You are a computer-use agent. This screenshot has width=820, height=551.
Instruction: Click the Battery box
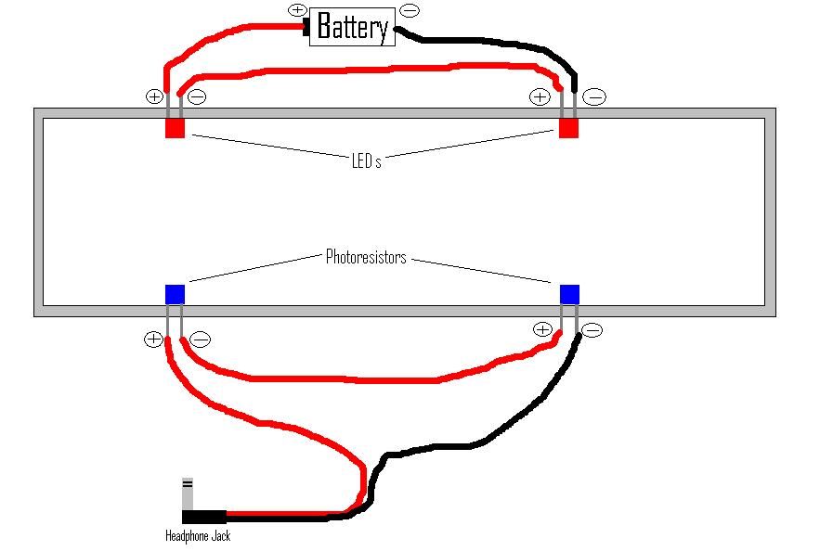(x=351, y=26)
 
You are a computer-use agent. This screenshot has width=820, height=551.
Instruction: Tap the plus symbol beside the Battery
(x=297, y=10)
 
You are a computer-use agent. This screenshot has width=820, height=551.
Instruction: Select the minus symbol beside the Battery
(x=409, y=10)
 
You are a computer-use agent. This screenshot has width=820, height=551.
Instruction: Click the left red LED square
(x=175, y=128)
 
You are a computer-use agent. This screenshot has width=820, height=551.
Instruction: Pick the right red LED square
(x=568, y=128)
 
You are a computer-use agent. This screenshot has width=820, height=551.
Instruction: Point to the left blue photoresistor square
(x=175, y=294)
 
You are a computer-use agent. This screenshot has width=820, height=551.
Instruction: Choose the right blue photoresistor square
(x=569, y=294)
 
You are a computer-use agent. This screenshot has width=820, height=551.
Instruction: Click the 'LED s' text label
(x=366, y=161)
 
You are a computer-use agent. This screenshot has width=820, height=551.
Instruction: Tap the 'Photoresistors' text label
(x=366, y=257)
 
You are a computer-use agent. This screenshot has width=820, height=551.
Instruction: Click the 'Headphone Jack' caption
(x=197, y=536)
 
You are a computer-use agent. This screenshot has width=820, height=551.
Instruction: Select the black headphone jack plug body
(x=203, y=517)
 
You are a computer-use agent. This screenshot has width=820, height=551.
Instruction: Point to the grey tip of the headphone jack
(x=188, y=492)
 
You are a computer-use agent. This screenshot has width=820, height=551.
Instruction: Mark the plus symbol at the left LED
(x=154, y=96)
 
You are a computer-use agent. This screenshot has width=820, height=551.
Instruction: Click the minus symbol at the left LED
(x=197, y=96)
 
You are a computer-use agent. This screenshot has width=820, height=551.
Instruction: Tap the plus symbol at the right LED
(x=539, y=96)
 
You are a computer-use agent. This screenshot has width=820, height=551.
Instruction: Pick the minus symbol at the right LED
(x=595, y=96)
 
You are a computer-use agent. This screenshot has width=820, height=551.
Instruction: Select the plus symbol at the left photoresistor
(x=153, y=340)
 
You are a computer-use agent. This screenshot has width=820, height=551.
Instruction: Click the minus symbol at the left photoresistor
(x=200, y=340)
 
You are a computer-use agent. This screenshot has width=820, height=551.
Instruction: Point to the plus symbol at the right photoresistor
(x=542, y=329)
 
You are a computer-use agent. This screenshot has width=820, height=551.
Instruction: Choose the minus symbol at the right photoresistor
(x=592, y=329)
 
